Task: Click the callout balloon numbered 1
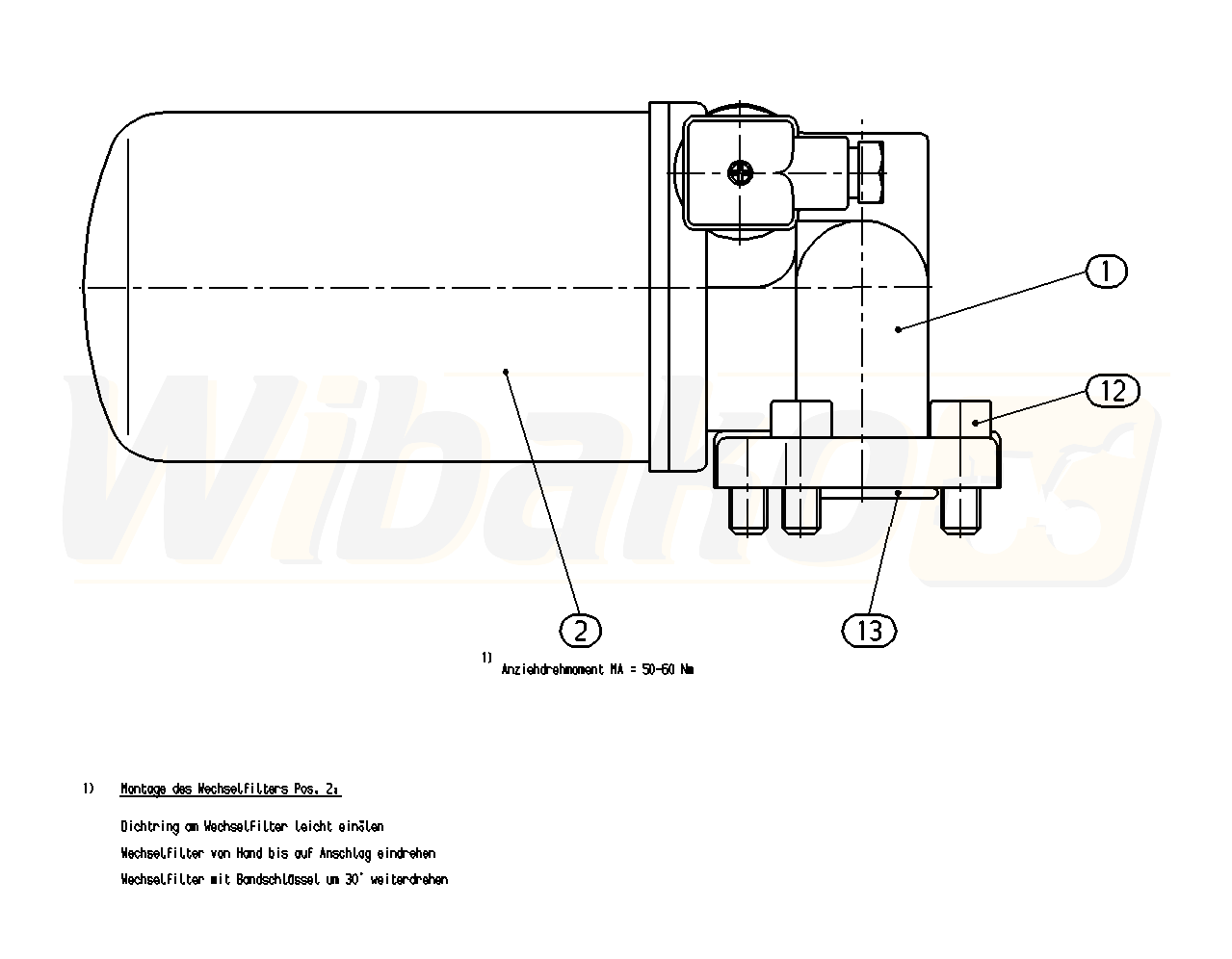pos(1106,272)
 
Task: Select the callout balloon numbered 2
pos(580,630)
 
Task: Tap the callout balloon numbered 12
pos(1113,390)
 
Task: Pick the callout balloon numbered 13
pos(869,630)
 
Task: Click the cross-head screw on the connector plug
pos(741,171)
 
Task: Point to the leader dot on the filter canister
pos(506,372)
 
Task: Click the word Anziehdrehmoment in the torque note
pos(552,669)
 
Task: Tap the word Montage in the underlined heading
pos(143,790)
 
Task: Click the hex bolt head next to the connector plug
pos(872,172)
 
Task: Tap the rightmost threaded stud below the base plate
pos(960,510)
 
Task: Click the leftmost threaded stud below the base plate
pos(748,510)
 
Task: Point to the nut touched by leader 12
pos(961,419)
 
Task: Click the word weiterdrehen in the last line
pos(408,880)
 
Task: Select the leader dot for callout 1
pos(898,329)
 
